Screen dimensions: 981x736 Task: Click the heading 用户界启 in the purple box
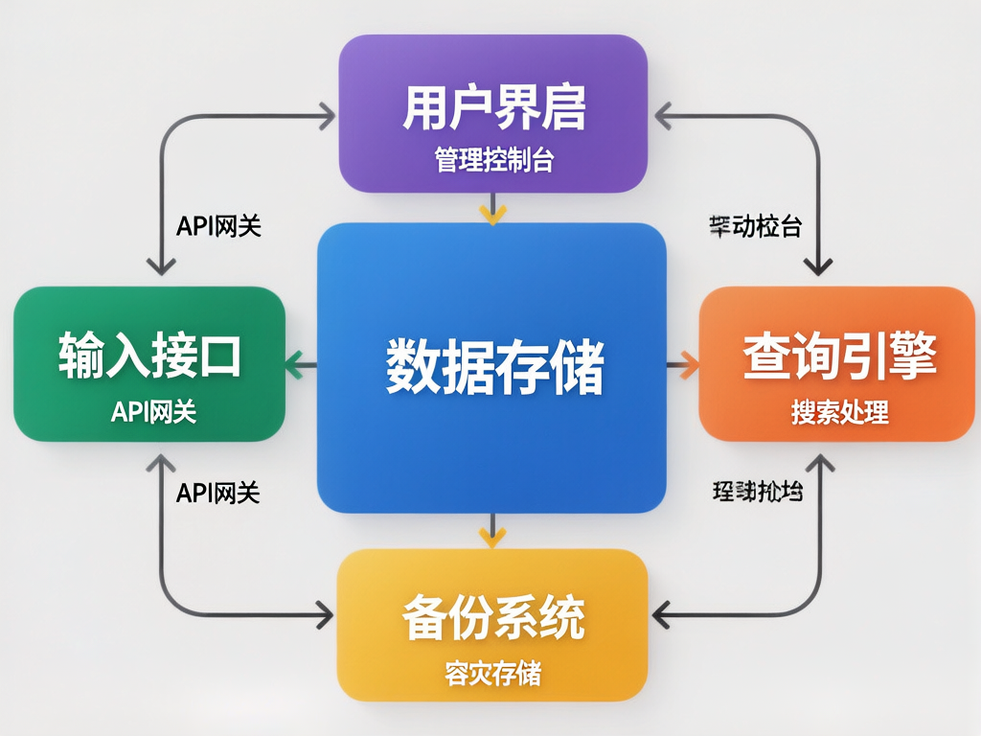pos(493,108)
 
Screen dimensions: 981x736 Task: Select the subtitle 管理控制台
pos(493,159)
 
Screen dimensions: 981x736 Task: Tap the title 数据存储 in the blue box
pos(494,365)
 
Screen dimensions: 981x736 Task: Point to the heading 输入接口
pos(149,355)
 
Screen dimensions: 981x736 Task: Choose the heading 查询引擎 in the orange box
pos(839,356)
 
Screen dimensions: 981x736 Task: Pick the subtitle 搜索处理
pos(839,412)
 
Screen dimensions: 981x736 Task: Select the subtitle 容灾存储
pos(492,674)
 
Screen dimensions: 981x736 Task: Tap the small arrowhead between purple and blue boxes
pos(492,213)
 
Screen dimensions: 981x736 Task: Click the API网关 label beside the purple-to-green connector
pos(219,226)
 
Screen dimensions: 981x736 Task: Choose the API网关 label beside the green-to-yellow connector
pos(218,493)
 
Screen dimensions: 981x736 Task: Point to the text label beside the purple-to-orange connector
pos(756,227)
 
